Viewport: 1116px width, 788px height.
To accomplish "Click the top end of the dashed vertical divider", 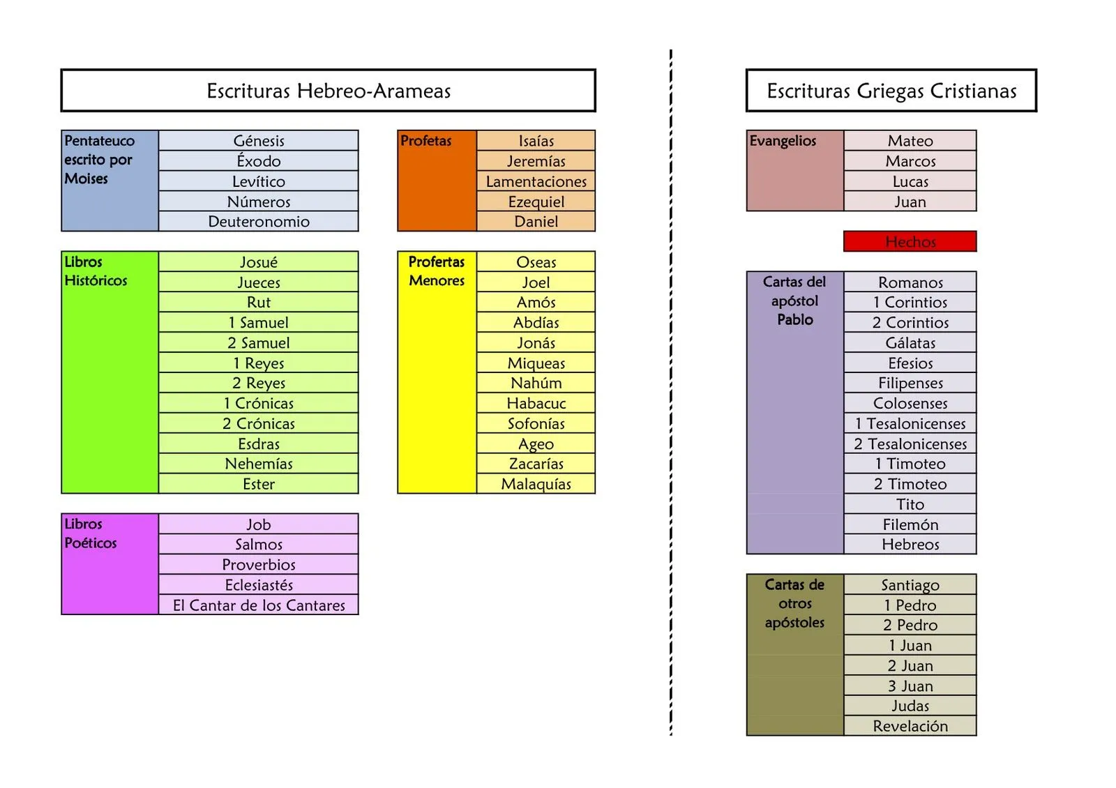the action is click(x=671, y=50).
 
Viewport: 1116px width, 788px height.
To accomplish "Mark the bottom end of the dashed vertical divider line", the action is click(x=671, y=736).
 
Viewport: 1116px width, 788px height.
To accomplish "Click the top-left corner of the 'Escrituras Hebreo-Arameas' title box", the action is click(x=61, y=69).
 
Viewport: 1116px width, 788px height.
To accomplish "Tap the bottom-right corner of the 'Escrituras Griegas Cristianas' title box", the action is click(x=1036, y=112).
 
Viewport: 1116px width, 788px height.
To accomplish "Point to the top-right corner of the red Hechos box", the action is click(x=976, y=231).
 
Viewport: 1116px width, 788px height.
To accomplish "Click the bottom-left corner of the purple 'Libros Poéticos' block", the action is click(x=61, y=614).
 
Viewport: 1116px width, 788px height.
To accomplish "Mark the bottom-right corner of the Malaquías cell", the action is click(x=596, y=493).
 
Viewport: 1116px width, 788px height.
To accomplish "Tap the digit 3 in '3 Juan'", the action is click(x=892, y=686).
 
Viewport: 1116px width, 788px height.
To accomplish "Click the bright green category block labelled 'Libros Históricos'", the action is click(x=110, y=372).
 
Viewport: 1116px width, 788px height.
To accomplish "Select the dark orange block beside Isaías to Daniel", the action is click(x=437, y=181).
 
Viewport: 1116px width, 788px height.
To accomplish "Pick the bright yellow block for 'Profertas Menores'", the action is click(x=437, y=372).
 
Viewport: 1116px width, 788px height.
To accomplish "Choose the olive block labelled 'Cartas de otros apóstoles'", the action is click(x=795, y=655).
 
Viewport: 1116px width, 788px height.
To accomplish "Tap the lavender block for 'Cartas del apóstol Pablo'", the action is click(x=795, y=412).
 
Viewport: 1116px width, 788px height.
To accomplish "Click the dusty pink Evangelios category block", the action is click(x=795, y=171).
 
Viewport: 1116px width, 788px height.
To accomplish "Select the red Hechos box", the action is click(x=910, y=241).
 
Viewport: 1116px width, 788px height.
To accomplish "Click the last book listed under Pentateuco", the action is click(x=259, y=221).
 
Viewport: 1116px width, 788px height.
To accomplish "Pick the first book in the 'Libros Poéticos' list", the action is click(x=259, y=524).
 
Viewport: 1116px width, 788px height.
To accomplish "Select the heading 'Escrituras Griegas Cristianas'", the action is click(x=891, y=91).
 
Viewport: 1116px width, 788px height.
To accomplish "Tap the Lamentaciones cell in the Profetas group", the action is click(x=536, y=181).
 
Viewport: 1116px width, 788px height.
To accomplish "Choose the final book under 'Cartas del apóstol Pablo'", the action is click(x=910, y=544).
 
